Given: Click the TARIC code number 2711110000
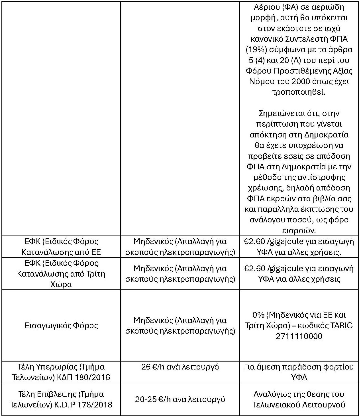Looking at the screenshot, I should tap(299, 336).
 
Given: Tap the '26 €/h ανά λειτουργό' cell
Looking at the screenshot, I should tap(180, 367).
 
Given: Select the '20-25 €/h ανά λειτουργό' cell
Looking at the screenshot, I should tap(180, 399).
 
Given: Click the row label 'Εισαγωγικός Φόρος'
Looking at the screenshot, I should tap(62, 326).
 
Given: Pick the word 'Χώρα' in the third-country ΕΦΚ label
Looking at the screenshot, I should tap(61, 285).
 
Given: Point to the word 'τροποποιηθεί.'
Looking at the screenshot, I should tap(299, 92).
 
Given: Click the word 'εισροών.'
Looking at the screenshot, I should tap(299, 230).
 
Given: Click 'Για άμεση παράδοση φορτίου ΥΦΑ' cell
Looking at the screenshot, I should tap(299, 372).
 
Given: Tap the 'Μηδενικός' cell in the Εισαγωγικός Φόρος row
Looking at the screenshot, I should tap(180, 326).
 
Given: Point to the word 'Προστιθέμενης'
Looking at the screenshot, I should tap(299, 71).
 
